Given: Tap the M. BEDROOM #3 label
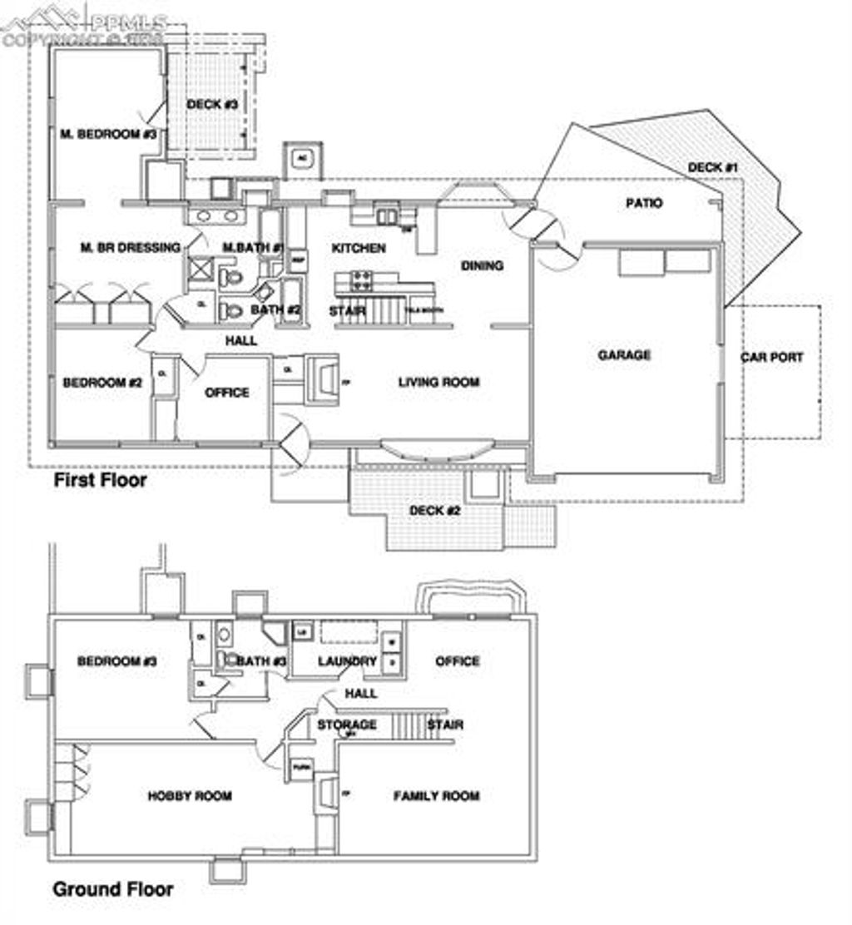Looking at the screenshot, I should [108, 134].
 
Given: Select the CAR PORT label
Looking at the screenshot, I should [772, 358].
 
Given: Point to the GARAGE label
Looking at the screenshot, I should [624, 355].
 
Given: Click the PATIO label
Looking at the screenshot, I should [645, 203].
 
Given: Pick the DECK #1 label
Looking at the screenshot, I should [713, 168].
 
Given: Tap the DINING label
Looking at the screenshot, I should [483, 265].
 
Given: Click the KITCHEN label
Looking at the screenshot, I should [359, 248].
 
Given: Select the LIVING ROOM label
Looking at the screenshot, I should [438, 383].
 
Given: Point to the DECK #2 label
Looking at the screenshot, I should [434, 510].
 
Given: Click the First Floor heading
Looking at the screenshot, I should [100, 480].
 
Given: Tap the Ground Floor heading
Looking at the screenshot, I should [113, 889].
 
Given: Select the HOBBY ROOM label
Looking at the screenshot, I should [190, 796].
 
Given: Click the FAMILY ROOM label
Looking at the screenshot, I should [436, 796].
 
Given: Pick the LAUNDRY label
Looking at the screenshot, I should [348, 661].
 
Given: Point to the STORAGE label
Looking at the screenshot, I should [346, 725].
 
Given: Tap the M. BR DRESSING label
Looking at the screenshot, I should [130, 247].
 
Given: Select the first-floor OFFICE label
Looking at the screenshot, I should [227, 393].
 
